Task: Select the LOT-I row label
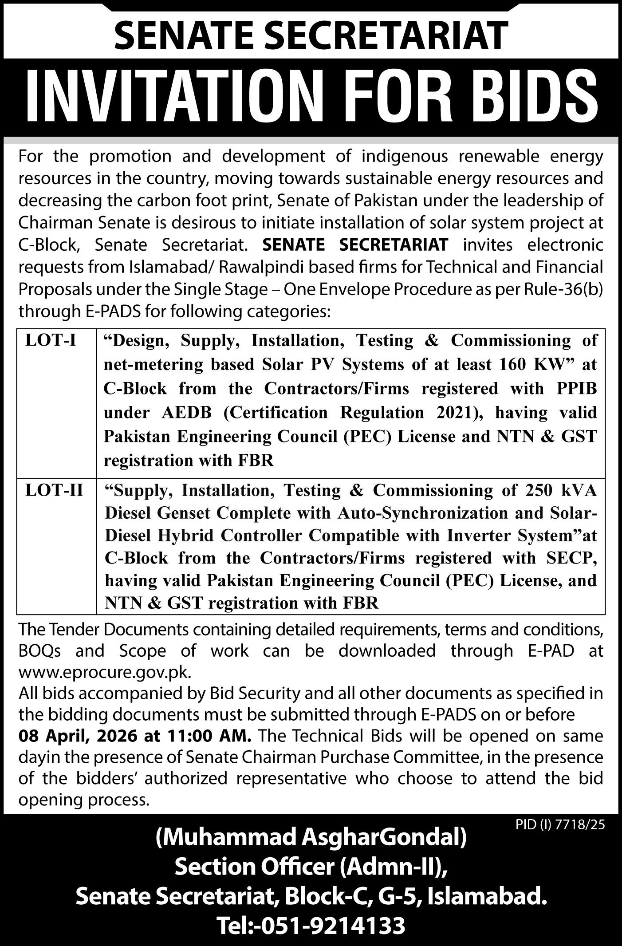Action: [51, 341]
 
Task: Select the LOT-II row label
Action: [54, 491]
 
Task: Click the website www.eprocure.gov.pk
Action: [105, 672]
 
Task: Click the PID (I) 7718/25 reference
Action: [560, 825]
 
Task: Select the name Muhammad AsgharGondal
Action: [311, 839]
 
